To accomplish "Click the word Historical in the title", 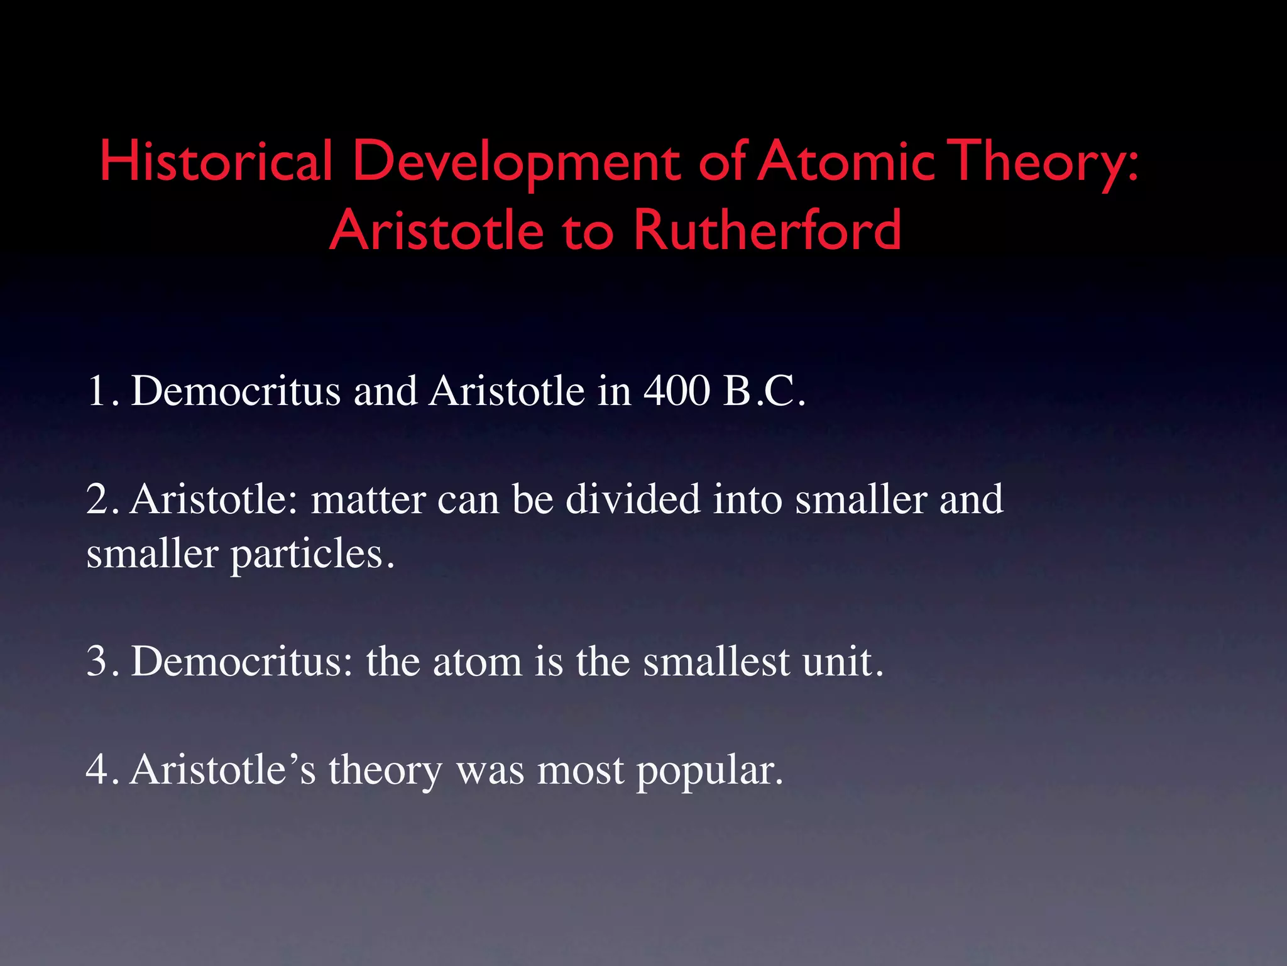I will (x=216, y=161).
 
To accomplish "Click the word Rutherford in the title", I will (x=767, y=230).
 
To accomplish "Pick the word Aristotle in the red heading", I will (x=436, y=230).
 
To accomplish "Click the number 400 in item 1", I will (x=677, y=391).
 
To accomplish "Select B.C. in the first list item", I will (x=764, y=391).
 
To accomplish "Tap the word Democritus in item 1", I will (x=236, y=391).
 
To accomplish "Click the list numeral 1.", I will (x=99, y=391).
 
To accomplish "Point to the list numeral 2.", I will (x=101, y=499).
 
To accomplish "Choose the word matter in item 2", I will (x=368, y=501).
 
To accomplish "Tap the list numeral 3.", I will (x=101, y=662).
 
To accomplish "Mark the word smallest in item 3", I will (x=716, y=662).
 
